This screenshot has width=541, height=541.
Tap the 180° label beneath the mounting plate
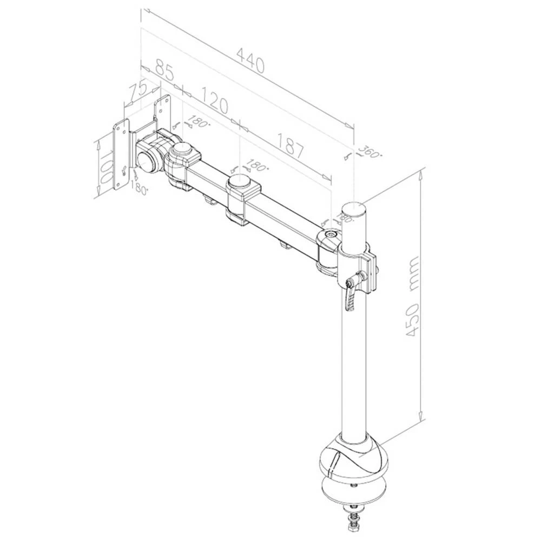(x=139, y=189)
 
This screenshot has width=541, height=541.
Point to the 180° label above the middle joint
(x=257, y=164)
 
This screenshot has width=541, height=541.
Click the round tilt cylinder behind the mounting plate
(x=147, y=160)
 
